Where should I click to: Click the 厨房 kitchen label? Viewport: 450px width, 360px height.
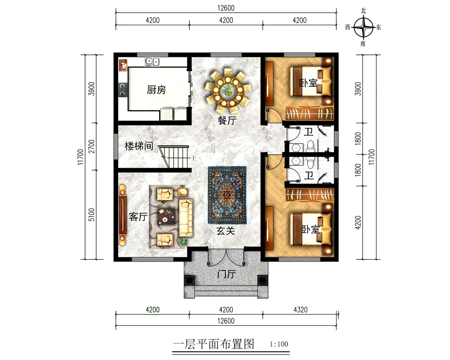click(x=157, y=90)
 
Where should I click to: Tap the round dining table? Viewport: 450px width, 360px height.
click(x=228, y=91)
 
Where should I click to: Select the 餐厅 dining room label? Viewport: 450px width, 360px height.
click(x=227, y=120)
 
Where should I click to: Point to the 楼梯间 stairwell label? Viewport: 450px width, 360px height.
click(x=139, y=146)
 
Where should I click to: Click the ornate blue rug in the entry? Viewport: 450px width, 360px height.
click(x=227, y=195)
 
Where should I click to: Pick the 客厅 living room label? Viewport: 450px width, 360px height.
click(x=138, y=217)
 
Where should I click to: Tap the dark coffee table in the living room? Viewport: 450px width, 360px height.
click(x=166, y=217)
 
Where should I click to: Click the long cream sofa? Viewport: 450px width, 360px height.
click(x=186, y=218)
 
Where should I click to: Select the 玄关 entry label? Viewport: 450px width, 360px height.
click(x=225, y=231)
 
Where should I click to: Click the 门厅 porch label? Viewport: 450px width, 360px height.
click(x=227, y=274)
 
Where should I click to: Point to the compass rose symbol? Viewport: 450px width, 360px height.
click(x=363, y=27)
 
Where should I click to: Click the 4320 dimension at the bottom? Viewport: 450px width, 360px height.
click(x=301, y=310)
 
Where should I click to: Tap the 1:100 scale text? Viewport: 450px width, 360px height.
click(x=279, y=344)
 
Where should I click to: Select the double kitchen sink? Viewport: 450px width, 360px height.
click(x=152, y=62)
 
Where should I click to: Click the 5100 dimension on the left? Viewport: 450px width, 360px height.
click(x=91, y=215)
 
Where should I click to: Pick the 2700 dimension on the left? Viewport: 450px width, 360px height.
click(x=91, y=146)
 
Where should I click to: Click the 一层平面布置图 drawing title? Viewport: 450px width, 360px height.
click(x=213, y=344)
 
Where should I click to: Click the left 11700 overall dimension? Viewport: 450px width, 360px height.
click(x=81, y=157)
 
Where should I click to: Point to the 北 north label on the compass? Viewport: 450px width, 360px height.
click(x=363, y=11)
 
